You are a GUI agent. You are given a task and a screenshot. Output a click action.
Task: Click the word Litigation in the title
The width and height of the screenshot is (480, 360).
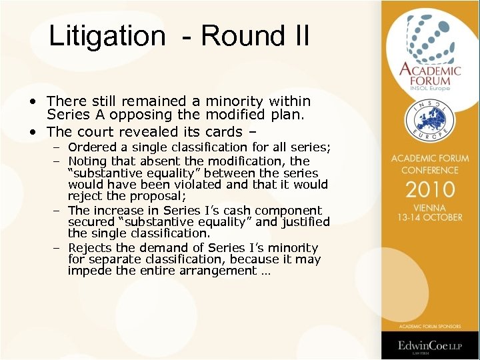pos(107,36)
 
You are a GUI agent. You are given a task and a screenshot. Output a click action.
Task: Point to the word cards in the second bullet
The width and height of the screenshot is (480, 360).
pos(224,131)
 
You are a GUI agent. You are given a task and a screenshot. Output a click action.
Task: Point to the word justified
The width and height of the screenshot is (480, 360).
pos(299,222)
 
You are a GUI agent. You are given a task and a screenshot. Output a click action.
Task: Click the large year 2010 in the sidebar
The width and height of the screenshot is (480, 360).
pos(430,189)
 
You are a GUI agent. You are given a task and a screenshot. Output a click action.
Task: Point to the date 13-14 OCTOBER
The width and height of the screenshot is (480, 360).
pos(430,218)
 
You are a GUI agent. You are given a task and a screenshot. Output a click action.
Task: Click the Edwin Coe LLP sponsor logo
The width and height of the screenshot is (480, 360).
pos(430,345)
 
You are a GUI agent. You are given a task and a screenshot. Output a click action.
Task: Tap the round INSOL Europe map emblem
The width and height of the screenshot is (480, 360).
pos(430,119)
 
